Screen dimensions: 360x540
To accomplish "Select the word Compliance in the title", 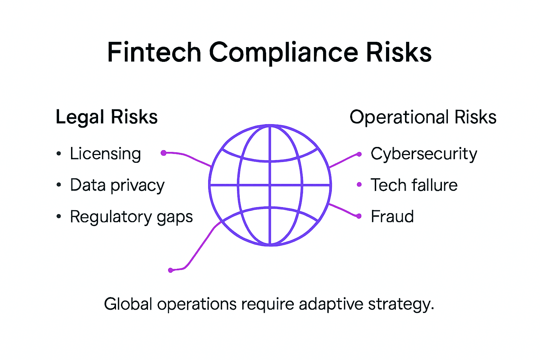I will point(284,52).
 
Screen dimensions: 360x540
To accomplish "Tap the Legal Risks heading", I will point(107,117).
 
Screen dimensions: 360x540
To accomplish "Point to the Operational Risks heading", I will point(423,117).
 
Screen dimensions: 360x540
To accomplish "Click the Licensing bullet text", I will point(105,154).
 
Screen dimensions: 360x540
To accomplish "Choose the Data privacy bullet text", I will point(117,185).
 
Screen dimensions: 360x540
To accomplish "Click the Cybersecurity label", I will point(424,154).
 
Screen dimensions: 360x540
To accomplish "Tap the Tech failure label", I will point(414,185).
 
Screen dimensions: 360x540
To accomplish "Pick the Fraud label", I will point(392,217).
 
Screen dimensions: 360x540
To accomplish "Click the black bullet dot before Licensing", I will point(59,154).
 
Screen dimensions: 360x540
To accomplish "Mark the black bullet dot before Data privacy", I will point(59,185).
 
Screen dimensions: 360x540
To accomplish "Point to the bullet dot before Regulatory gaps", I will point(59,217).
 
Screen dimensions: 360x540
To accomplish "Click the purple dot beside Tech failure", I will point(359,185).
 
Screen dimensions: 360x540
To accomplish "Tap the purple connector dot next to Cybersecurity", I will point(359,154).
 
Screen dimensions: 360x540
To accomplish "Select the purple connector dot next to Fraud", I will point(359,216).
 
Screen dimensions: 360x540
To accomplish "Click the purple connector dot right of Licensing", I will point(163,153).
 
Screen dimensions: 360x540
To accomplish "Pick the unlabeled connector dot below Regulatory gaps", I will point(171,270).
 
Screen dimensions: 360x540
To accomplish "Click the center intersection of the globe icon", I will point(270,185).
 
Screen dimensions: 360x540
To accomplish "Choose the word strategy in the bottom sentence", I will point(401,304).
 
